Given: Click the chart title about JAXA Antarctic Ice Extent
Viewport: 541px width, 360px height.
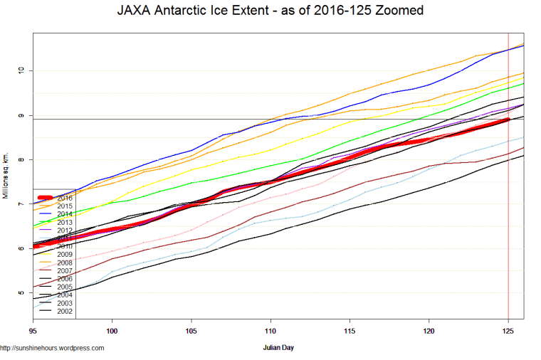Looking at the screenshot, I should point(270,11).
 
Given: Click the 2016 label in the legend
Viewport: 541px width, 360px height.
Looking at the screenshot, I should point(65,198).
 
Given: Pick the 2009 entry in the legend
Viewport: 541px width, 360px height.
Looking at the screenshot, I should point(65,255).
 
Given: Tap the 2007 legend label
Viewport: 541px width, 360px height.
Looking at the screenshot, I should point(65,271).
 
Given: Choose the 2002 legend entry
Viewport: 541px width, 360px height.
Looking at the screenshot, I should point(65,312).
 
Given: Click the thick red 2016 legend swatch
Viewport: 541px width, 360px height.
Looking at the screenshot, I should point(45,197).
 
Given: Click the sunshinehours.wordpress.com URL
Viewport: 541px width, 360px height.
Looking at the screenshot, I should point(53,349).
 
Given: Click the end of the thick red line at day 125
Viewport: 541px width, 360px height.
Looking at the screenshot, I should point(507,120).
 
